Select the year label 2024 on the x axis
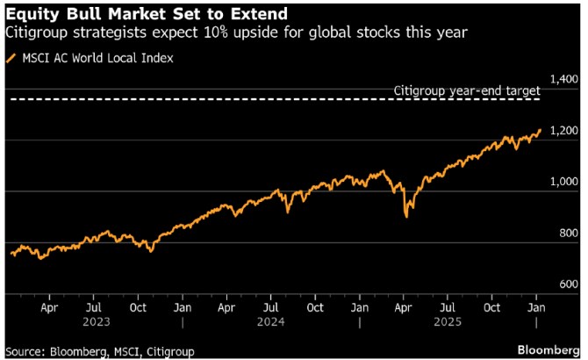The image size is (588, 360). (x=271, y=322)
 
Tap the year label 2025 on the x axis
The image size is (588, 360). (x=448, y=322)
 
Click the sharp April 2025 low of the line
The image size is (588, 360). (x=405, y=216)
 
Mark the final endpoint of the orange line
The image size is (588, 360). (x=540, y=130)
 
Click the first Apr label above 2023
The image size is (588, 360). (x=49, y=308)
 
